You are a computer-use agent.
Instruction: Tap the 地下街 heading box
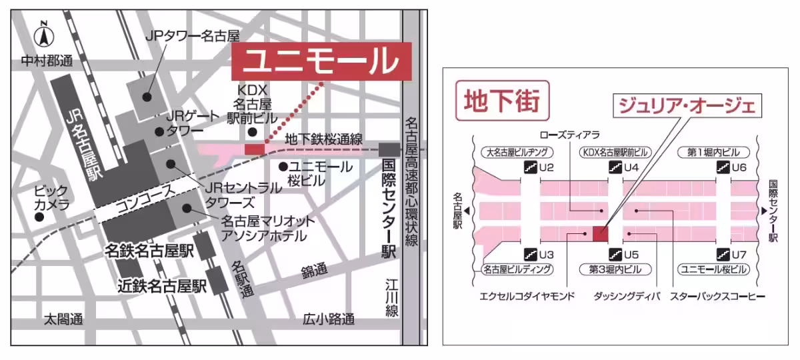pyautogui.click(x=501, y=102)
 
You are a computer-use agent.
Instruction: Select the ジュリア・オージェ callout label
pyautogui.click(x=687, y=107)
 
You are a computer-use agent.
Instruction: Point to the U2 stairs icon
pyautogui.click(x=531, y=167)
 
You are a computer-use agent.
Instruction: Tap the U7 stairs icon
pyautogui.click(x=722, y=254)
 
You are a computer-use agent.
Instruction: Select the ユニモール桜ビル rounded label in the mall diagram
pyautogui.click(x=713, y=269)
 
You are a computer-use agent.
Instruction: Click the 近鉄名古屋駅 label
pyautogui.click(x=162, y=287)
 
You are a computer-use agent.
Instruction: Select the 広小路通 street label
pyautogui.click(x=328, y=319)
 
